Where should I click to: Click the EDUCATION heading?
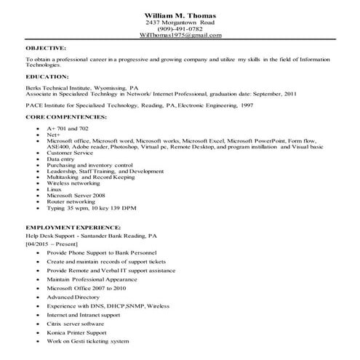click(x=47, y=75)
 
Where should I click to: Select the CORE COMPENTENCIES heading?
click(x=66, y=116)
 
